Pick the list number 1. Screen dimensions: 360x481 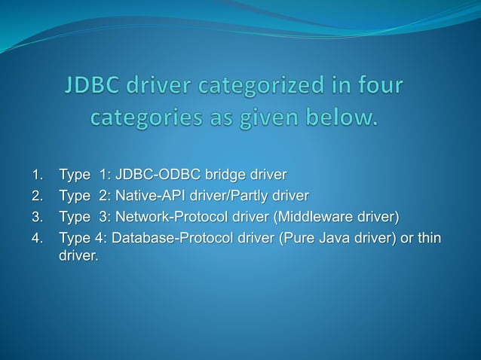[x=36, y=175]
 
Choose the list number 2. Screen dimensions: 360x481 [x=36, y=197]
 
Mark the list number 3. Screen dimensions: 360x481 [x=36, y=218]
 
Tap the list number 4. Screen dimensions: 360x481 [x=36, y=239]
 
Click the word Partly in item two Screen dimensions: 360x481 [x=250, y=197]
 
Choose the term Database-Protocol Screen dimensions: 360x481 [x=172, y=239]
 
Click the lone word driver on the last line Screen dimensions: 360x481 [x=78, y=257]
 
